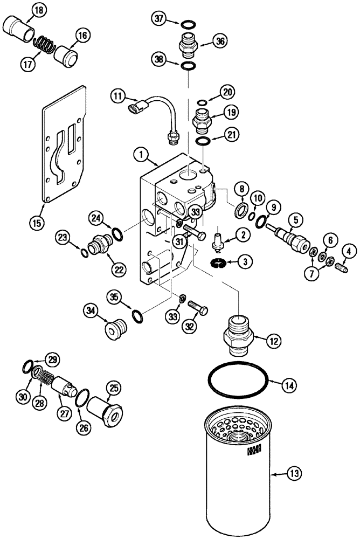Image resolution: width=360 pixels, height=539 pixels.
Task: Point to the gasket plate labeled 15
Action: tap(64, 146)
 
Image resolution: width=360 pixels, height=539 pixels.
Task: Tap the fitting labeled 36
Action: tap(188, 43)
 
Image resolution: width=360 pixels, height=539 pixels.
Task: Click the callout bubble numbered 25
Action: tap(114, 387)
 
